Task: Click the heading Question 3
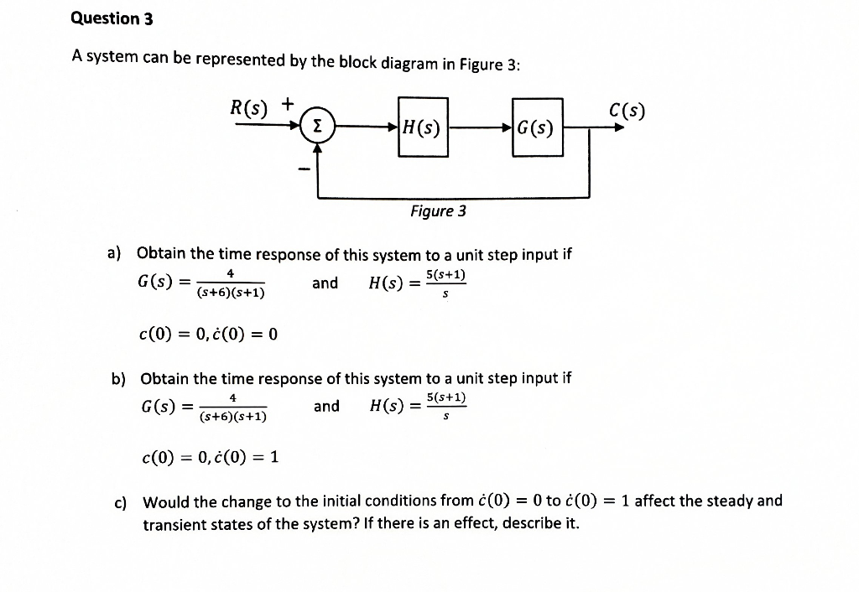click(x=112, y=18)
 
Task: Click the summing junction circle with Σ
click(x=317, y=127)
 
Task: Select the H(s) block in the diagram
click(x=423, y=127)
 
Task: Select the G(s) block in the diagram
click(x=536, y=128)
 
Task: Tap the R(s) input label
click(x=250, y=107)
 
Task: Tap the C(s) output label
click(x=628, y=111)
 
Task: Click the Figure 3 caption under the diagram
click(x=438, y=211)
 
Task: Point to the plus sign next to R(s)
click(x=288, y=104)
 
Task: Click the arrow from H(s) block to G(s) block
click(x=478, y=128)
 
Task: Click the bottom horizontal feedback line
click(x=453, y=197)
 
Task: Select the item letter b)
click(x=118, y=378)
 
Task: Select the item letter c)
click(x=121, y=502)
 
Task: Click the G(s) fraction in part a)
click(x=231, y=283)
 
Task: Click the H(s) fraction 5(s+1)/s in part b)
click(x=446, y=406)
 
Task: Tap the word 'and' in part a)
click(x=325, y=283)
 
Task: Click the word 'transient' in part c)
click(x=175, y=525)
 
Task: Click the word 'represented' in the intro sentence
click(x=239, y=60)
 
